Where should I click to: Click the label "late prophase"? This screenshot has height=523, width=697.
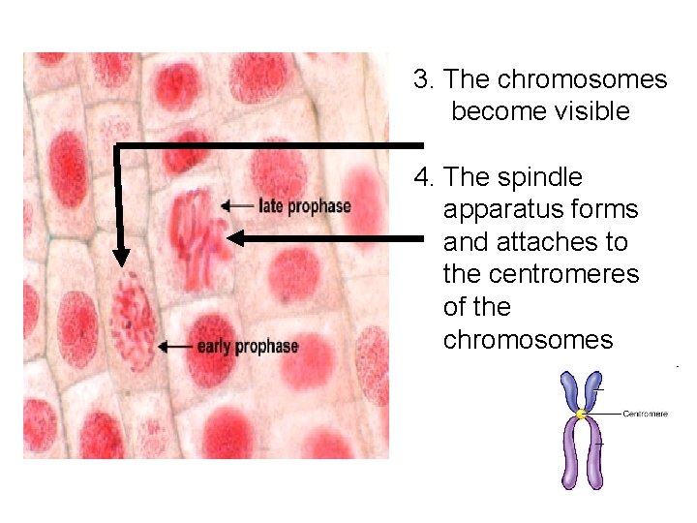[305, 205]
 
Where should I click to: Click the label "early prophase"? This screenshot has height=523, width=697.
[247, 346]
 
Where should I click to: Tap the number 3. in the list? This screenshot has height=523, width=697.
[422, 79]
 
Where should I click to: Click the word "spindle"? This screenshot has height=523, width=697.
[540, 177]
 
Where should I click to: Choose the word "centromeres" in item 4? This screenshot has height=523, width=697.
[541, 274]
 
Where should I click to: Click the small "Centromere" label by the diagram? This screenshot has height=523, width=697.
[645, 415]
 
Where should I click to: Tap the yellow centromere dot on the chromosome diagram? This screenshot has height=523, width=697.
[581, 415]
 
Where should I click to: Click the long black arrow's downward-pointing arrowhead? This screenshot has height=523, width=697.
[120, 257]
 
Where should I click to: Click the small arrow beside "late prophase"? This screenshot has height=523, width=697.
[237, 205]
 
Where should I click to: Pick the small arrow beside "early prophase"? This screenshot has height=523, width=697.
[176, 345]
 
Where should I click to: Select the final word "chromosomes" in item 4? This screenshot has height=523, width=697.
[528, 340]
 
